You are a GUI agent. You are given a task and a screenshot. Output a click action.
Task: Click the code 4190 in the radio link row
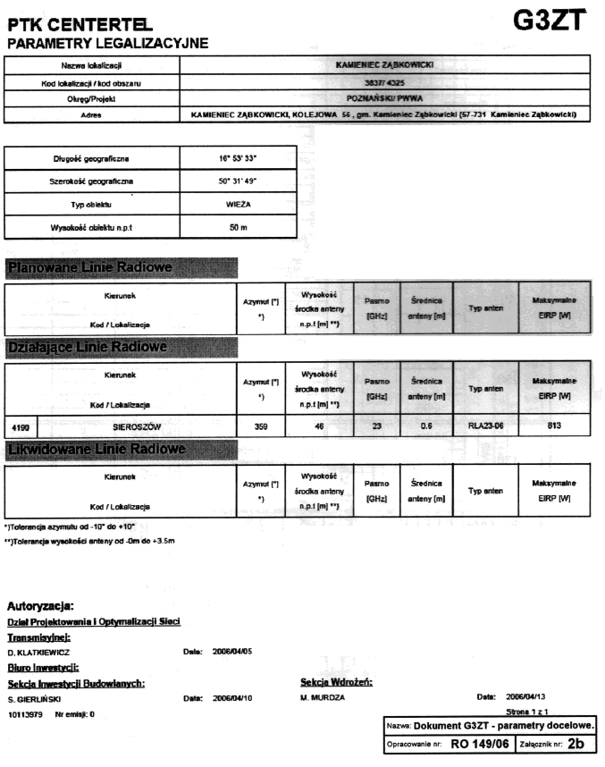[25, 426]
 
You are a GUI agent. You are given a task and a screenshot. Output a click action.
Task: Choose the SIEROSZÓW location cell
[130, 426]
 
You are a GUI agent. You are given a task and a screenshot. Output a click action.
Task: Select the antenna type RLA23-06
[486, 426]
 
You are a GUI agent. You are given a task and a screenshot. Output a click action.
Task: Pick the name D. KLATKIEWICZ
[39, 653]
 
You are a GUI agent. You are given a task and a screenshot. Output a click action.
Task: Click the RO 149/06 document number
[479, 743]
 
